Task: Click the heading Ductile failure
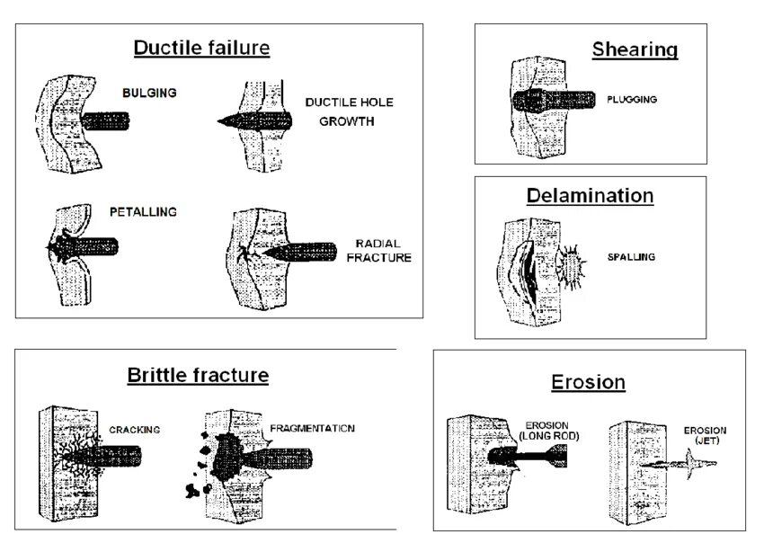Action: coord(201,48)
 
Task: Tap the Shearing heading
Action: coord(635,49)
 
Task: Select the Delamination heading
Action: coord(590,195)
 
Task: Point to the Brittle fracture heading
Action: coord(198,375)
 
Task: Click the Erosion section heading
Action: coord(588,382)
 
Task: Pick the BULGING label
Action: coord(149,93)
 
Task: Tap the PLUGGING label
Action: coord(632,100)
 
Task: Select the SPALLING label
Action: coord(630,257)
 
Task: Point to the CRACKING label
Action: coord(134,430)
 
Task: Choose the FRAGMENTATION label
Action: coord(312,429)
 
